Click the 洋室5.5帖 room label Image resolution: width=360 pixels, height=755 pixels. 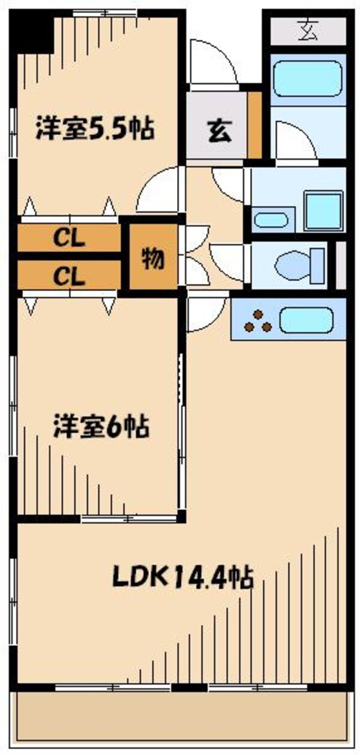[95, 128]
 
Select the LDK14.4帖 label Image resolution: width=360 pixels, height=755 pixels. [182, 577]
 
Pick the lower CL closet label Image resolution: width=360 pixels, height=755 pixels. [69, 277]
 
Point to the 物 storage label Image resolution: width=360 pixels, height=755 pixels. [154, 259]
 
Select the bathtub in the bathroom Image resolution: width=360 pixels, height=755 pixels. [308, 78]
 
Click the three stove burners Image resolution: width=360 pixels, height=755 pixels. [258, 320]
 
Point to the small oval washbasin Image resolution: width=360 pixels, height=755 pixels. [271, 220]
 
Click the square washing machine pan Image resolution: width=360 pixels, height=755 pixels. [323, 211]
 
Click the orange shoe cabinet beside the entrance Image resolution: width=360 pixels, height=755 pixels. [255, 124]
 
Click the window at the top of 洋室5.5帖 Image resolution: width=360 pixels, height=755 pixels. [105, 13]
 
